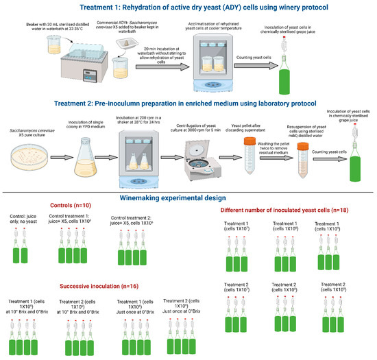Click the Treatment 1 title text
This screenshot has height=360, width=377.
[x=188, y=7]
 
